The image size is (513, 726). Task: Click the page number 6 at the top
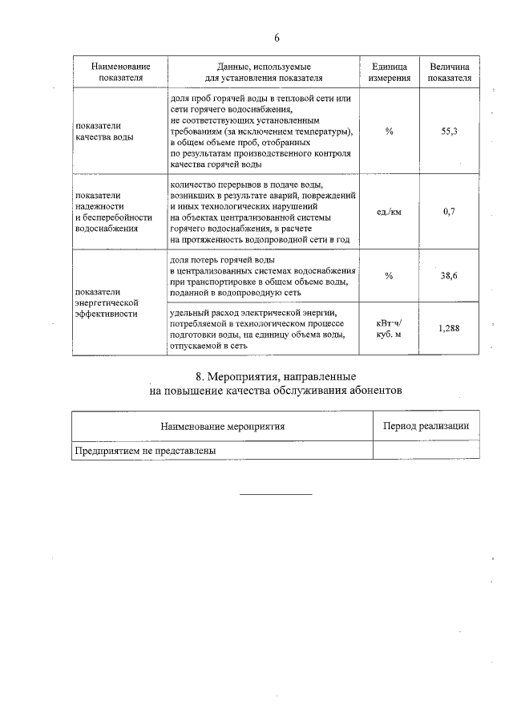(x=277, y=38)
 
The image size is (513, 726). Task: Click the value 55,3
(x=449, y=131)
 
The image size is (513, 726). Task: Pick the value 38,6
(x=449, y=275)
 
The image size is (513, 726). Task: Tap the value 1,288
(x=449, y=327)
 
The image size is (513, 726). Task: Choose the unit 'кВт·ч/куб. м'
(x=390, y=327)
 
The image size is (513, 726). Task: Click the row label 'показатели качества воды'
(x=104, y=131)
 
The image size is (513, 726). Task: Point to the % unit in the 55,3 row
(x=390, y=131)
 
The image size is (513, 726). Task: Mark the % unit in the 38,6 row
(x=390, y=275)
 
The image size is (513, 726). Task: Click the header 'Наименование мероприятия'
(x=222, y=426)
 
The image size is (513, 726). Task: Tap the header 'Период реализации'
(x=426, y=426)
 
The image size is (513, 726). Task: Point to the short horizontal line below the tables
(x=276, y=494)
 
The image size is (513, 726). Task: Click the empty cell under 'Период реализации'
(x=426, y=451)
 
